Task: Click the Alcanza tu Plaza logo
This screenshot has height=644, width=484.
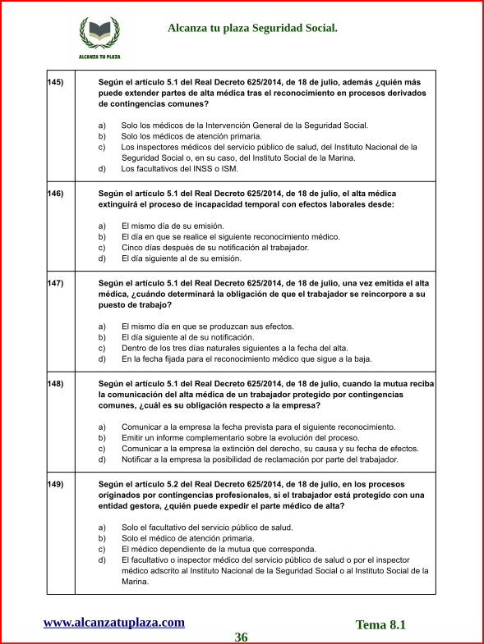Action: pos(99,37)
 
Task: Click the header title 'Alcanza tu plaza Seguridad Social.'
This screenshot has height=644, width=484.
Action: pos(252,28)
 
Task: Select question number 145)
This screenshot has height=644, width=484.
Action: pos(56,82)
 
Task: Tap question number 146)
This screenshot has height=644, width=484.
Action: pos(56,194)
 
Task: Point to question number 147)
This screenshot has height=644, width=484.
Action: pos(56,283)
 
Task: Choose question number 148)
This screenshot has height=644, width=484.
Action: pos(56,383)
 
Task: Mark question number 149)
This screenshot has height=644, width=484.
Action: pos(56,484)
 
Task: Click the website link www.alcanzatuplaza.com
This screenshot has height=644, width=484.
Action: pos(113,622)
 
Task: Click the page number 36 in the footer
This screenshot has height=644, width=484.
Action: pos(241,637)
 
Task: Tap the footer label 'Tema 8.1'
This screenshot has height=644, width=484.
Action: pos(380,624)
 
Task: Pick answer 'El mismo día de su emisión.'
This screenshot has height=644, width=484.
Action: pos(172,226)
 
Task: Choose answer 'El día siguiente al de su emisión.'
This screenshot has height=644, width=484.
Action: pos(181,258)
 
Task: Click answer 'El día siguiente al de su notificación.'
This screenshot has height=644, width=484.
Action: pos(187,337)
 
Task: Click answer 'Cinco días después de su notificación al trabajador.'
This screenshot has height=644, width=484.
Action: pos(214,247)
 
